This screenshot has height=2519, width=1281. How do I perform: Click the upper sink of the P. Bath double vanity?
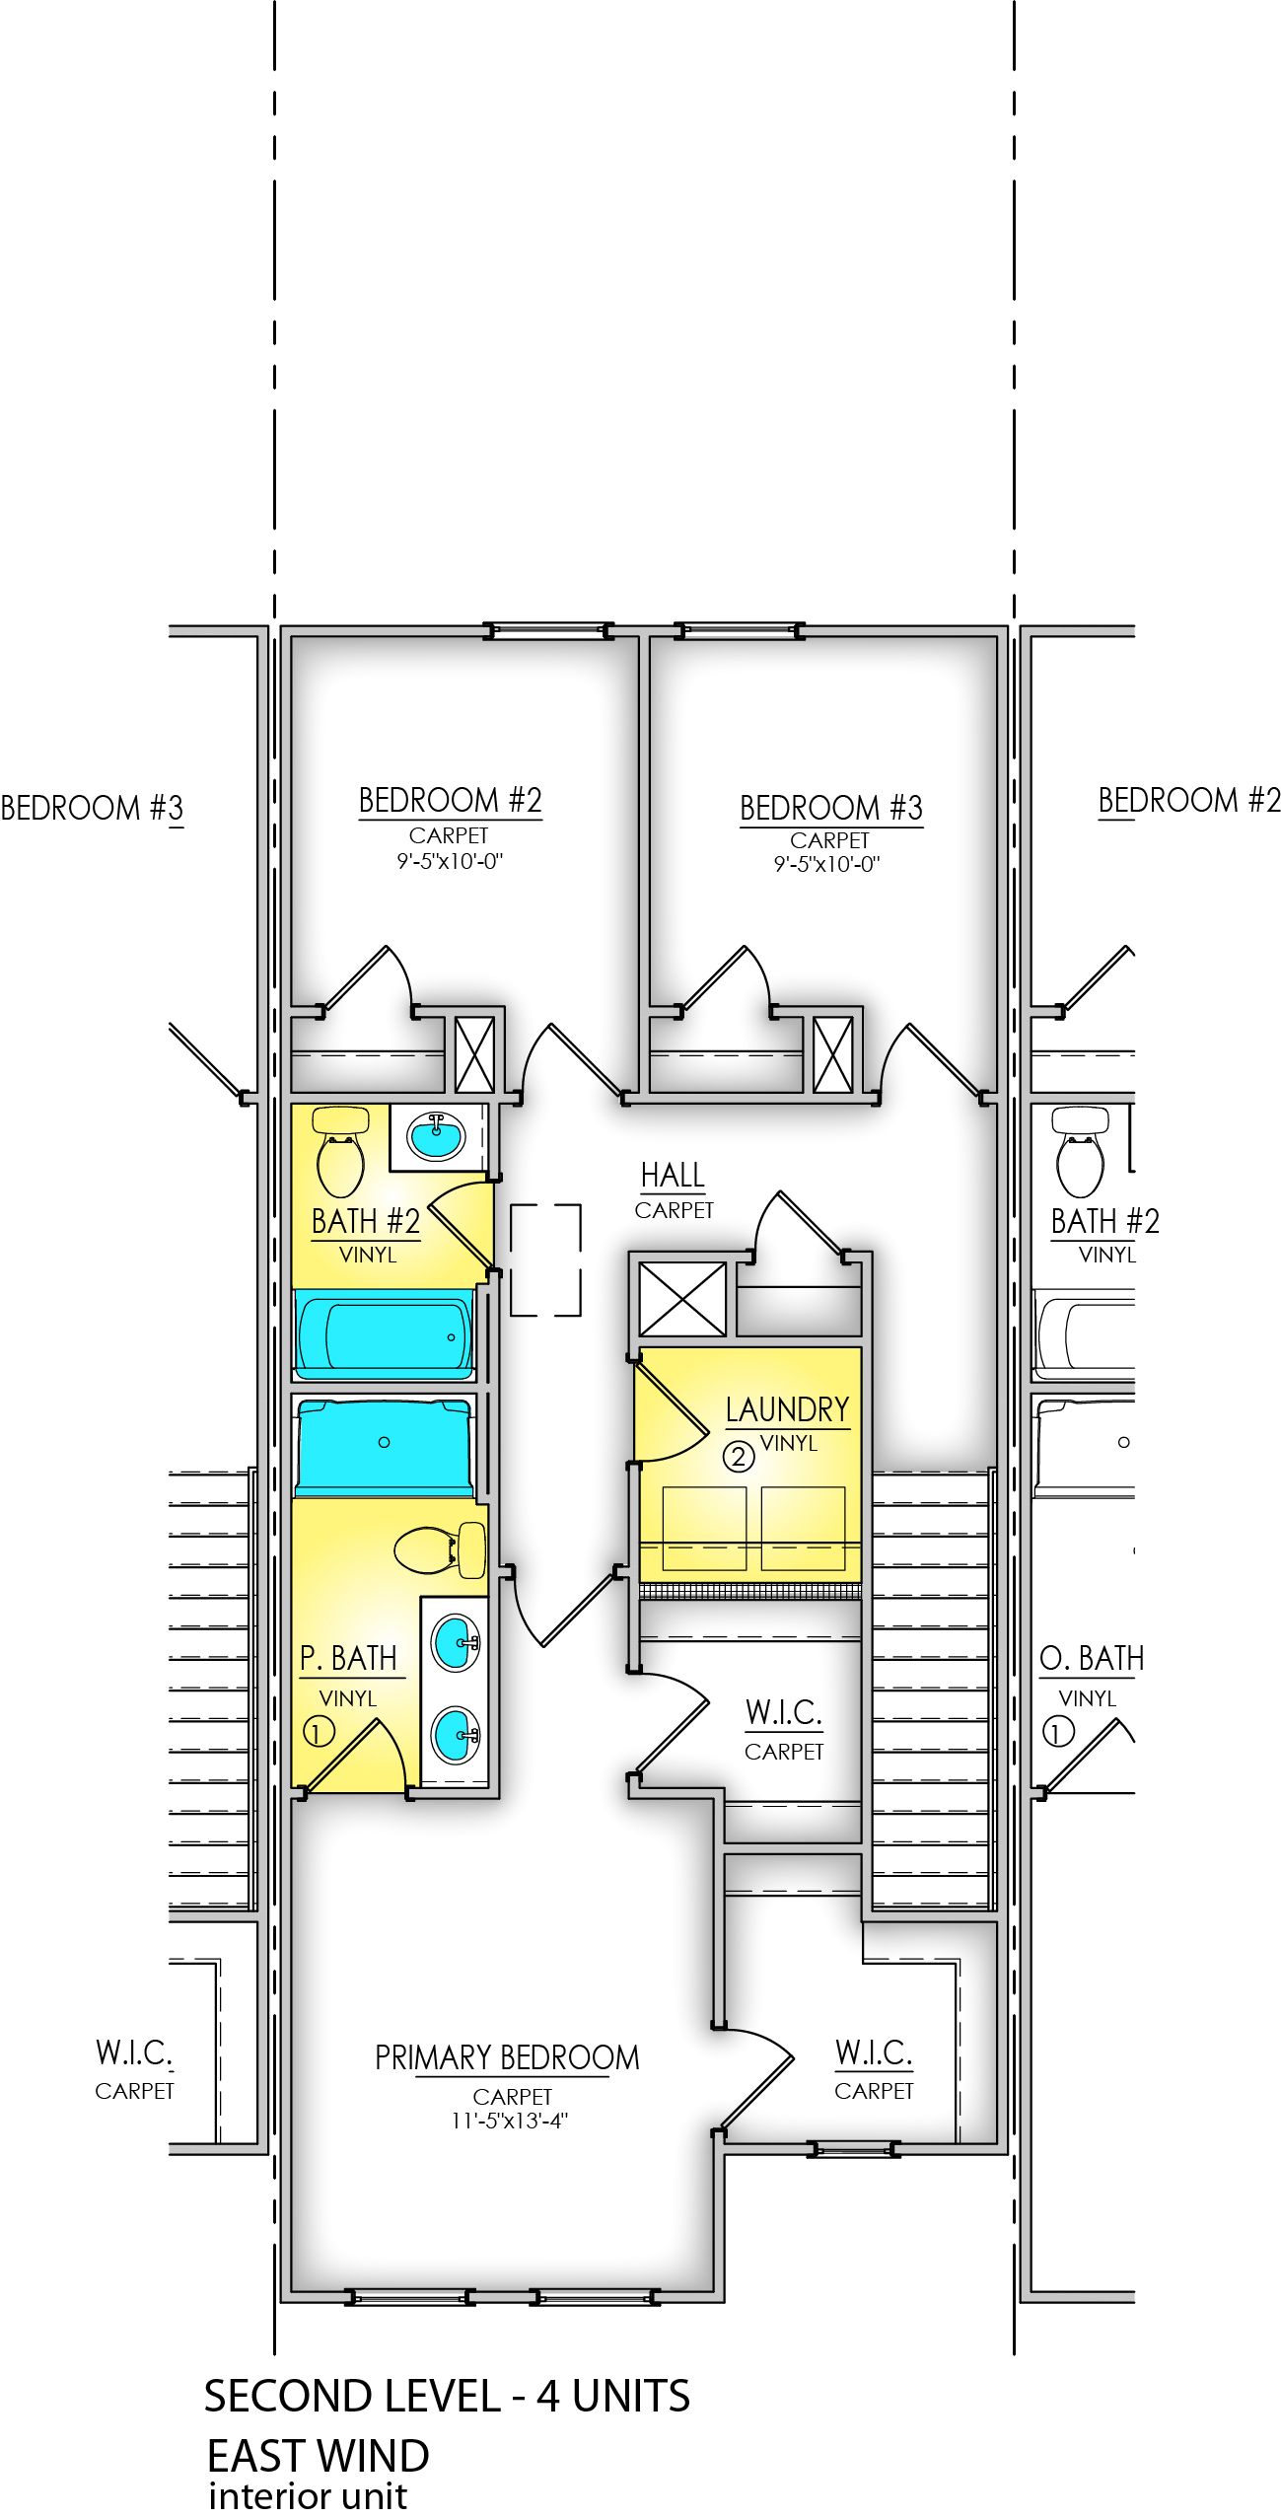point(455,1641)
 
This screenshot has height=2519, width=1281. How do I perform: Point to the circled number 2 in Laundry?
point(739,1456)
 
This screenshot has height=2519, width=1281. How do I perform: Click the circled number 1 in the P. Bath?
point(318,1731)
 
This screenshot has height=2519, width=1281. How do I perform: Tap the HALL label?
point(673,1176)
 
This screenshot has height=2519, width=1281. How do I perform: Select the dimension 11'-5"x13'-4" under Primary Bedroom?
point(509,2121)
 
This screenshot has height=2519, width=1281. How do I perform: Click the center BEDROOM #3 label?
point(830,809)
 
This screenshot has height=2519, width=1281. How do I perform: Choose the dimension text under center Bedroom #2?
point(449,861)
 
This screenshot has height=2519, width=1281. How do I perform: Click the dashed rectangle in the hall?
point(545,1259)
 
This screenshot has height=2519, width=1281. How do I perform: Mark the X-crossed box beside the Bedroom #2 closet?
point(474,1053)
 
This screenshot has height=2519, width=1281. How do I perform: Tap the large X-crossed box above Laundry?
point(682,1299)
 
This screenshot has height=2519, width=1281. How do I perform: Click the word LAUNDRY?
point(787,1409)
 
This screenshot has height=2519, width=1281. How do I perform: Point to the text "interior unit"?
point(308,2496)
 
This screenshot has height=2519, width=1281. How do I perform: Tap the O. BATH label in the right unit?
point(1091,1659)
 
